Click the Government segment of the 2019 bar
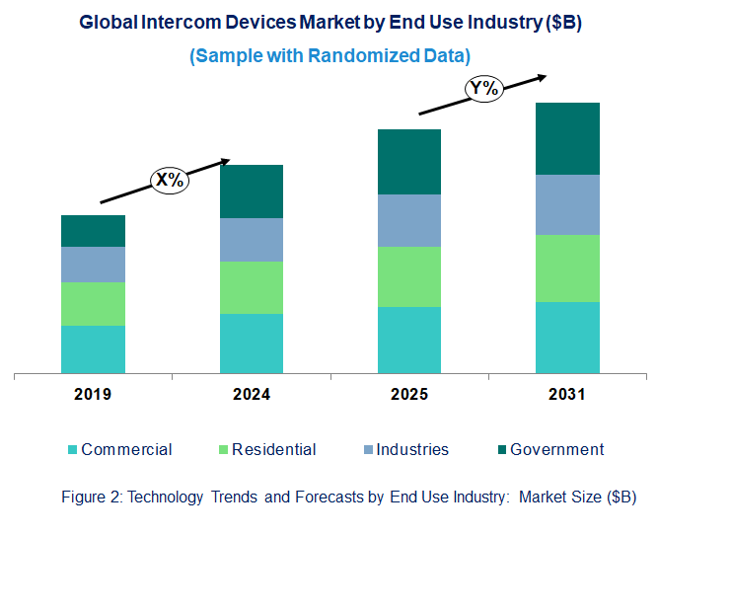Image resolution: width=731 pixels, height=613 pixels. pos(93,231)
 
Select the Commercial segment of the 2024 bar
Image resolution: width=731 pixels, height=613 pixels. pos(251,344)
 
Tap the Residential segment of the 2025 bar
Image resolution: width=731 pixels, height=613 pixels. pos(409,276)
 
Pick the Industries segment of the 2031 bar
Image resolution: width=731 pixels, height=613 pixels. pos(567,204)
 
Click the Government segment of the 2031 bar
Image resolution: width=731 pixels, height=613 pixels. pos(567,138)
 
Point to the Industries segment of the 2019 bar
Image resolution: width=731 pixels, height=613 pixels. pos(93,265)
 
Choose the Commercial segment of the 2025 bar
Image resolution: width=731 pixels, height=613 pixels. pos(409,341)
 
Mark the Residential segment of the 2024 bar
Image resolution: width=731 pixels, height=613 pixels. pos(251,287)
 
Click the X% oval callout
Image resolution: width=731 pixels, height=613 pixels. pos(169,180)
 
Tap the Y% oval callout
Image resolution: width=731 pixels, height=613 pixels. pos(484,89)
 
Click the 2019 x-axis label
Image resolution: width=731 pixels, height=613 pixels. pos(93,395)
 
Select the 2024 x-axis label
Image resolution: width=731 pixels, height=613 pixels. pos(252,395)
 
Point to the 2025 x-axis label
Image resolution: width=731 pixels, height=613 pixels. pos(409,395)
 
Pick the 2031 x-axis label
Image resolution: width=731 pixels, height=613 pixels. pos(567,395)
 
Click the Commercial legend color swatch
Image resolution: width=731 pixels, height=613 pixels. pos(72,450)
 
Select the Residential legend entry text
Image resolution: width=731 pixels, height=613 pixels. pos(274,450)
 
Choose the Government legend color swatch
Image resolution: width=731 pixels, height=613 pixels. pos(502,450)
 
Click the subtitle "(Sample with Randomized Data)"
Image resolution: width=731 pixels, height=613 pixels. pos(329,55)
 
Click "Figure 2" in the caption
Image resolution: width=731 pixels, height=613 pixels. pos(92,498)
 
